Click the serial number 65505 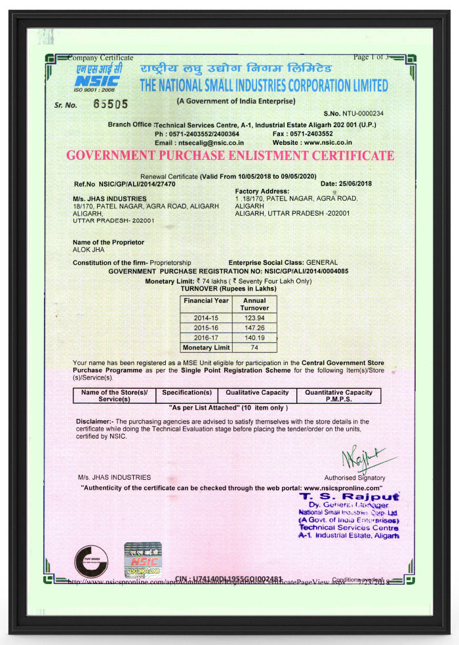tap(110, 104)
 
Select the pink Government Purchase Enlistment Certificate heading tap(230, 156)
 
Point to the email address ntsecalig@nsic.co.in tap(209, 142)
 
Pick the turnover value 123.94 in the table tap(253, 316)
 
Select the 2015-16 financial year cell tap(207, 326)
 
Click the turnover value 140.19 tap(253, 337)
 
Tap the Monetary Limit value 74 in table tap(253, 347)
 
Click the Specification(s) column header tap(186, 392)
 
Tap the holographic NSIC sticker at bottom tap(143, 559)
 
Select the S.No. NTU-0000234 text tap(353, 113)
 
